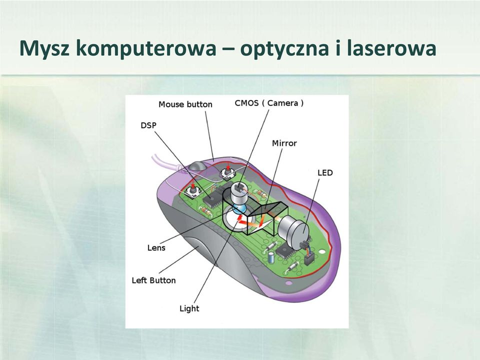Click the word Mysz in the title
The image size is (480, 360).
point(44,48)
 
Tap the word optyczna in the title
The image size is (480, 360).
point(285,48)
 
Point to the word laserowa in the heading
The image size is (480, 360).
point(391,48)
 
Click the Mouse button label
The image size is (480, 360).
point(185,104)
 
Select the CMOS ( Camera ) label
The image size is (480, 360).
point(269,103)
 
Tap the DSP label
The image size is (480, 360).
point(148,125)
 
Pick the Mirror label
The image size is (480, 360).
point(284,143)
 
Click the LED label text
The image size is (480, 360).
point(325,172)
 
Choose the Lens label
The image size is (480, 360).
point(156,247)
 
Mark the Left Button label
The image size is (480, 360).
point(153,280)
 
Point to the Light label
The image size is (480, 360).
point(189,308)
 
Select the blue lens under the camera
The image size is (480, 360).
point(239,209)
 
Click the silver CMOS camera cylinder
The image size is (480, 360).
point(239,194)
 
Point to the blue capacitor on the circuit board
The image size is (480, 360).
point(271,256)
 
